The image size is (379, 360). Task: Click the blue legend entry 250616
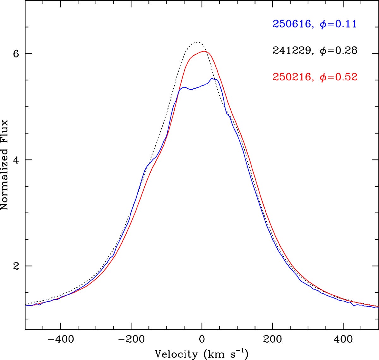point(292,24)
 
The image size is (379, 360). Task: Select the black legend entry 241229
point(292,51)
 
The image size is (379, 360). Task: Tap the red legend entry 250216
point(292,77)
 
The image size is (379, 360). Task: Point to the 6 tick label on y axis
point(15,54)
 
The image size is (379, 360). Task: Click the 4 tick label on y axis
point(15,160)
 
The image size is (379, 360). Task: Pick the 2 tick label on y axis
point(15,266)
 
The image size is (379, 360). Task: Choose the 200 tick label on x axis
point(272,339)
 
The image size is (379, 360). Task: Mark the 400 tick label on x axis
point(343,339)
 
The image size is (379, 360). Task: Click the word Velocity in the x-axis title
point(176,354)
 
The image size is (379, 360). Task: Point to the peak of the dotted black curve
point(197,42)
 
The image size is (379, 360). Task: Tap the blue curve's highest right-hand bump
point(214,78)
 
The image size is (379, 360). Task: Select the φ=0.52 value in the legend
point(339,77)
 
